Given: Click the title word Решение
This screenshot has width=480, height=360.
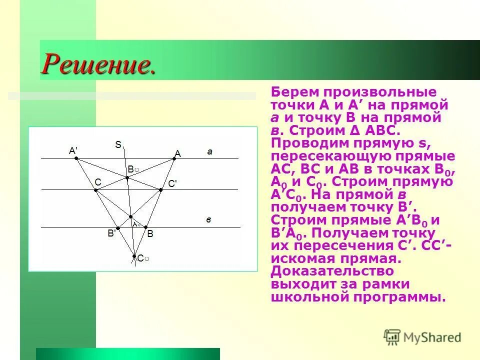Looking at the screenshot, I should (x=98, y=63).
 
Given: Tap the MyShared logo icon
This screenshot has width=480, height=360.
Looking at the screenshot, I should (x=392, y=336).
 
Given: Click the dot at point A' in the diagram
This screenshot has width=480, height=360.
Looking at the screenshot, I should (x=76, y=158).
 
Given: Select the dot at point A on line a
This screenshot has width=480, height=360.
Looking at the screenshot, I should (x=174, y=158).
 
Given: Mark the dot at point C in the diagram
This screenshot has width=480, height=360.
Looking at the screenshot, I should (x=95, y=190).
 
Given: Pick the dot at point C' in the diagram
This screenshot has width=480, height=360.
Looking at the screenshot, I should (x=160, y=190).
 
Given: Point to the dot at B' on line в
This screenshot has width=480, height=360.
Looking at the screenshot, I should (x=118, y=227).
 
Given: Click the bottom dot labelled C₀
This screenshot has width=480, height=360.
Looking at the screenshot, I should (x=134, y=256).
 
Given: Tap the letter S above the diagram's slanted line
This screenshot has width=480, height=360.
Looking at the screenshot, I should (x=118, y=145).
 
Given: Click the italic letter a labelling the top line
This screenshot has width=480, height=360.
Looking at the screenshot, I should (x=210, y=150).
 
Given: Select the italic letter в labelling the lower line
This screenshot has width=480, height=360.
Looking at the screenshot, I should (x=209, y=219).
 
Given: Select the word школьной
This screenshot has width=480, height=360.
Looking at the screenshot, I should (x=310, y=297).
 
